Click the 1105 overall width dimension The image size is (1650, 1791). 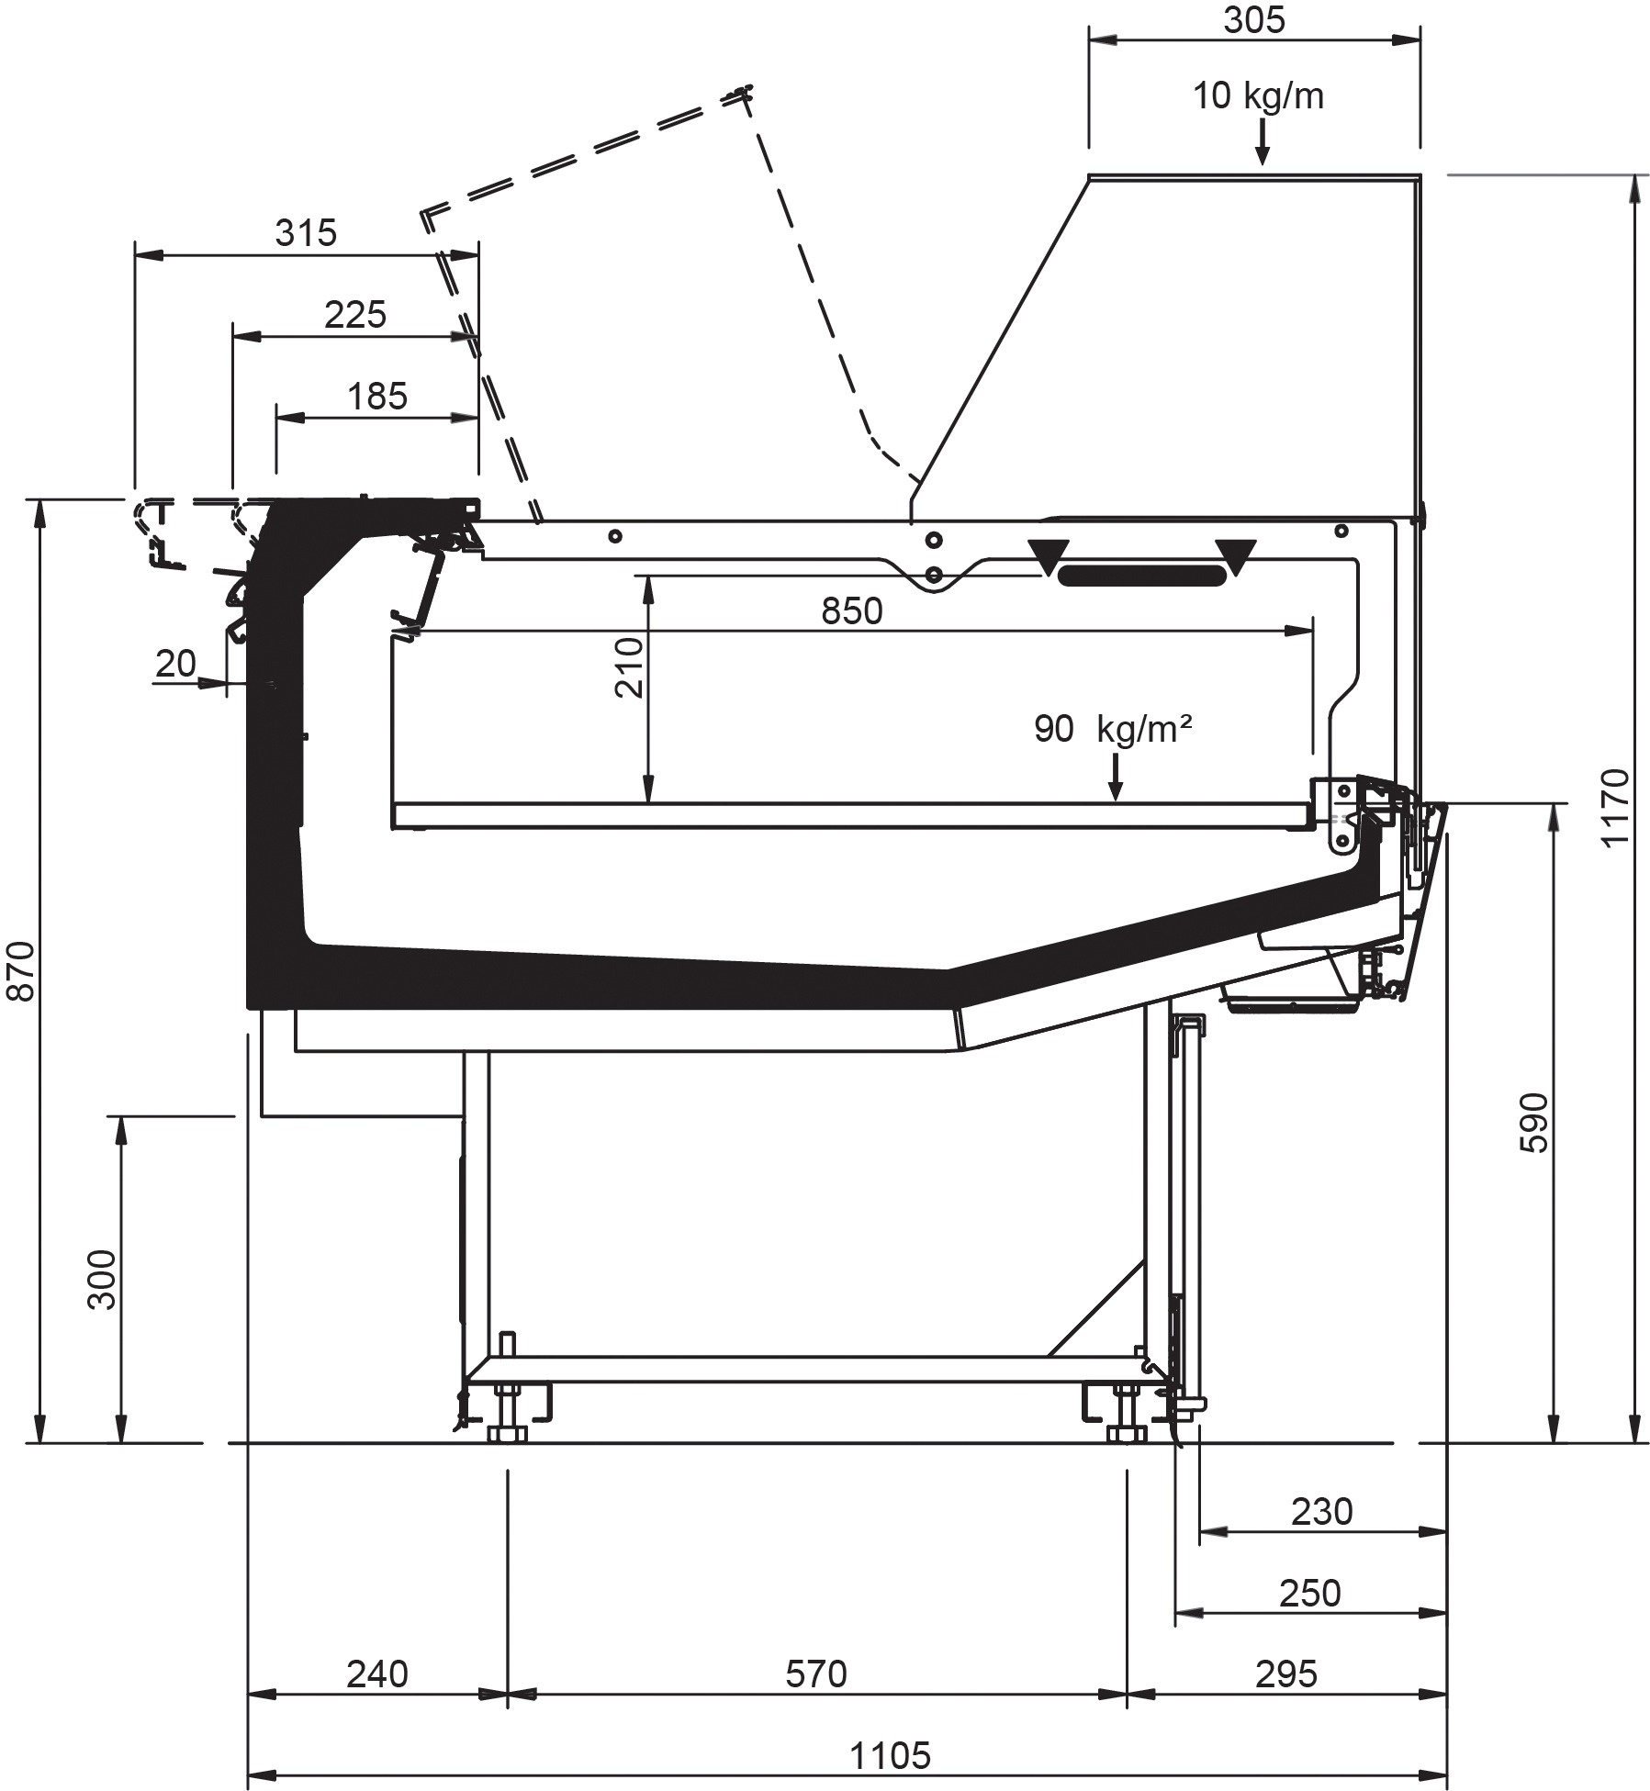tap(890, 1755)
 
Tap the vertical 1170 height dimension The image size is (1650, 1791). tap(1614, 808)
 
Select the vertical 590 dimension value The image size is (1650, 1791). tap(1533, 1123)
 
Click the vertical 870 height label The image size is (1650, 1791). tap(20, 971)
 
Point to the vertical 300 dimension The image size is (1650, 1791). tap(102, 1280)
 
